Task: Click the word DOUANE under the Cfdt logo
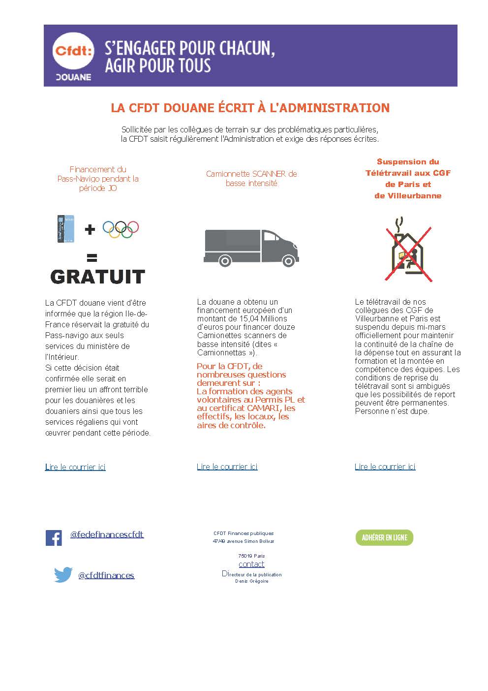[73, 77]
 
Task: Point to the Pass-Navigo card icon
[65, 229]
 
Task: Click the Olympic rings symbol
[121, 229]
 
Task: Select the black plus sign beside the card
[90, 229]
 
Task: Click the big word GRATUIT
[97, 277]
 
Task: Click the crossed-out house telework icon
[408, 250]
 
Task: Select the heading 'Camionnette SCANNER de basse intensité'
[251, 178]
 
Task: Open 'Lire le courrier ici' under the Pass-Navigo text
[75, 467]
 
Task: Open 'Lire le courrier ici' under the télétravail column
[385, 467]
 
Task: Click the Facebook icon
[54, 537]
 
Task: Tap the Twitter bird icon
[63, 574]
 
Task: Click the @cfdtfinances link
[106, 575]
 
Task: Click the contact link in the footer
[251, 564]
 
